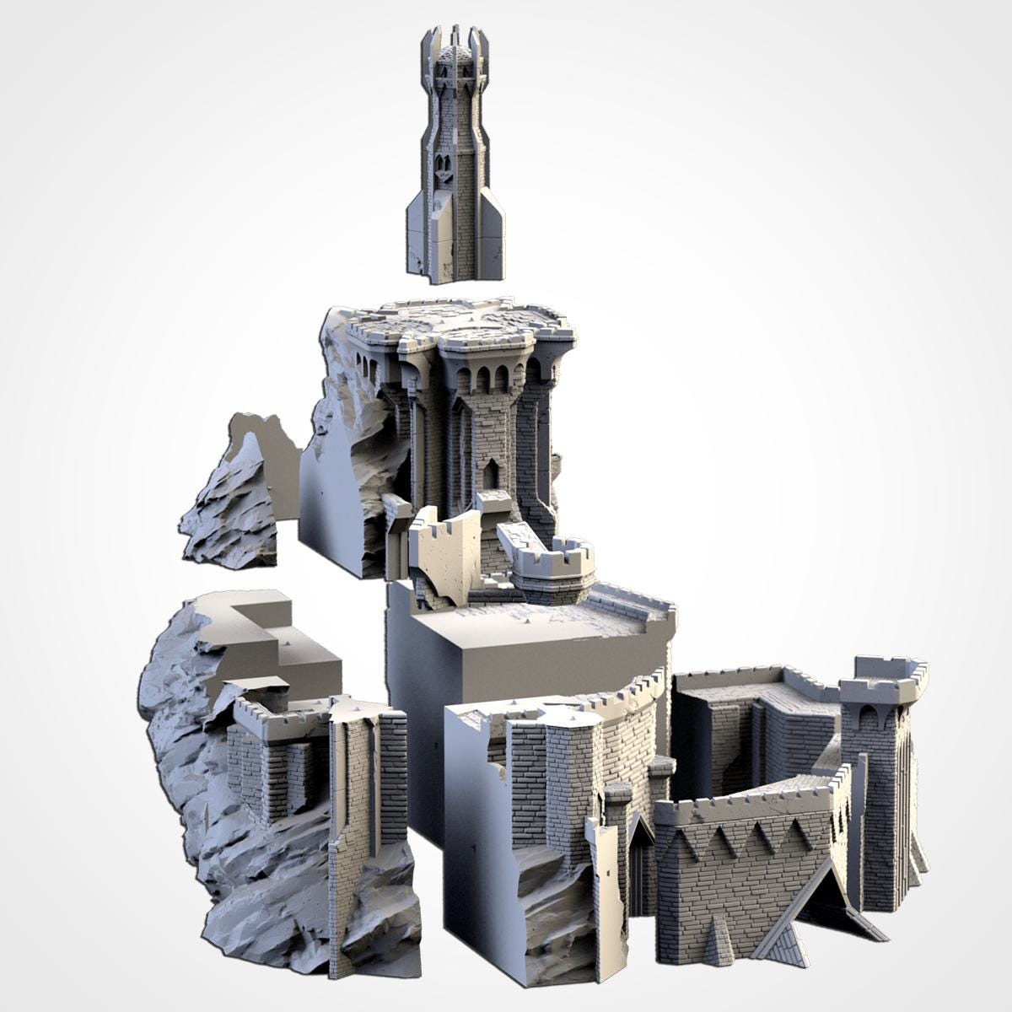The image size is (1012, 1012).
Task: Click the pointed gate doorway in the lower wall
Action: (641, 860)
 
